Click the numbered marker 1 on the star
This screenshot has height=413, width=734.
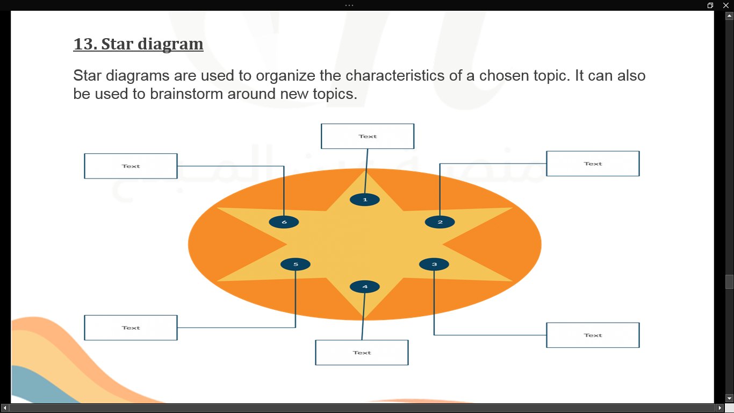365,200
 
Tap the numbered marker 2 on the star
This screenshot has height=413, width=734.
440,222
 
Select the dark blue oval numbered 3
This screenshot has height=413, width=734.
434,264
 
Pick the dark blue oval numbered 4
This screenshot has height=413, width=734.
365,287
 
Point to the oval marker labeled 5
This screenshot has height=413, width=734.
296,264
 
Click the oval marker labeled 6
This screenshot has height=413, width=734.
284,222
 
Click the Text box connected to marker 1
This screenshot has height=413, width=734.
368,136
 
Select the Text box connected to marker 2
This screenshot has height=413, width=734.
593,163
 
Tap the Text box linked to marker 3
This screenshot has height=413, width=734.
593,335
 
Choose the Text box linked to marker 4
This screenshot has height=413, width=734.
362,352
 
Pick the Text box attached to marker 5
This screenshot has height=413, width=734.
131,327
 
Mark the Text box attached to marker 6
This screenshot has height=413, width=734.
131,166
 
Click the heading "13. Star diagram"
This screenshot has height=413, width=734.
138,44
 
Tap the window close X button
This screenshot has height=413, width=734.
725,5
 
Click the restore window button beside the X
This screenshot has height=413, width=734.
710,5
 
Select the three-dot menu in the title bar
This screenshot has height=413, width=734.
349,5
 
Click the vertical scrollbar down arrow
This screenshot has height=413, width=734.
729,398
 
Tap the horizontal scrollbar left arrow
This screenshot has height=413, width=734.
5,408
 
